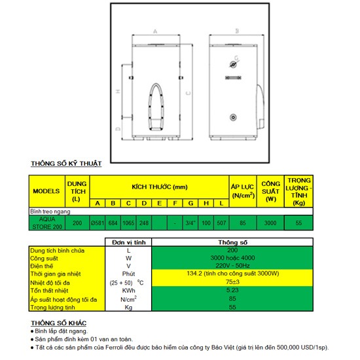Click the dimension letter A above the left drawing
(156, 31)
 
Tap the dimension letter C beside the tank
(188, 93)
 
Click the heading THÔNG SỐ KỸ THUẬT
(65, 164)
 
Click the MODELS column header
(46, 191)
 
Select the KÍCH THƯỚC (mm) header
(158, 187)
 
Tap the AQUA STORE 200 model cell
(46, 223)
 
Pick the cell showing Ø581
(98, 223)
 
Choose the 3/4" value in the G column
(190, 223)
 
